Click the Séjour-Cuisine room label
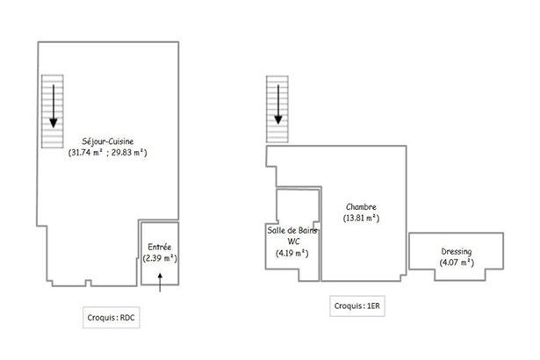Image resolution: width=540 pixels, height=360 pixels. (108, 141)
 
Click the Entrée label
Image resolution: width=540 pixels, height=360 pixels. (160, 247)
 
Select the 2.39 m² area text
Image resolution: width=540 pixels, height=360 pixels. (160, 258)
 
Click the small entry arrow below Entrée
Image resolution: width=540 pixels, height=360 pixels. (160, 283)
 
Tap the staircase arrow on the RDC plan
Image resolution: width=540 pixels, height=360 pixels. (54, 106)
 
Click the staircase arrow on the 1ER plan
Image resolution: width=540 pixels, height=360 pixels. (278, 104)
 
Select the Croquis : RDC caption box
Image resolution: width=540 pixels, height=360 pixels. (112, 317)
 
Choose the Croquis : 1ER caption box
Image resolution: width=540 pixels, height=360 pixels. (357, 306)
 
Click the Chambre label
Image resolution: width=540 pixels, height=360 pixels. (361, 206)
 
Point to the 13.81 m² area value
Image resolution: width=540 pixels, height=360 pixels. (361, 218)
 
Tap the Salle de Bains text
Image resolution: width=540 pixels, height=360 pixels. (292, 230)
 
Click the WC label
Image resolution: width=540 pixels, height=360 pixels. (293, 241)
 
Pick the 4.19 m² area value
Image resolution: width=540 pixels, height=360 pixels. (292, 253)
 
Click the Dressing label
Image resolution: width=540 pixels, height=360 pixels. (457, 251)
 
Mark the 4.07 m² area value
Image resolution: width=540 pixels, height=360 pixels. (457, 263)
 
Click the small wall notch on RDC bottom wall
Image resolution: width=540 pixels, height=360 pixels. (88, 283)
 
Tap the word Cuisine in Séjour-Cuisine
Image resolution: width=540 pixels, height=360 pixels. (120, 141)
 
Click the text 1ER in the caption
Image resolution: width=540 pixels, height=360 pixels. (373, 306)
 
